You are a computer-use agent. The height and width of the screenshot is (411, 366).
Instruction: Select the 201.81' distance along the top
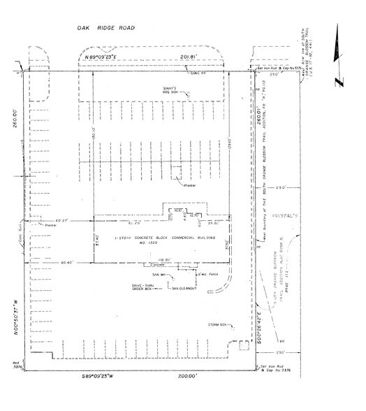pyautogui.click(x=189, y=55)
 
